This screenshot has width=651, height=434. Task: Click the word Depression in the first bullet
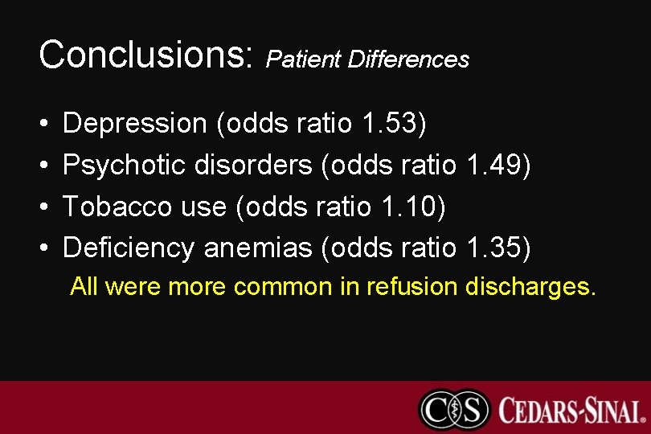click(x=134, y=124)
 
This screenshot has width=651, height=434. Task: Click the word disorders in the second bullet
click(x=252, y=166)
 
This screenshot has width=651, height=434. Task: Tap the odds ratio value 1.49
click(x=497, y=166)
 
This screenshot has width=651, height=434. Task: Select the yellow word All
click(x=84, y=287)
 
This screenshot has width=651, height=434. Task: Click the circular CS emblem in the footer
click(x=453, y=409)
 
